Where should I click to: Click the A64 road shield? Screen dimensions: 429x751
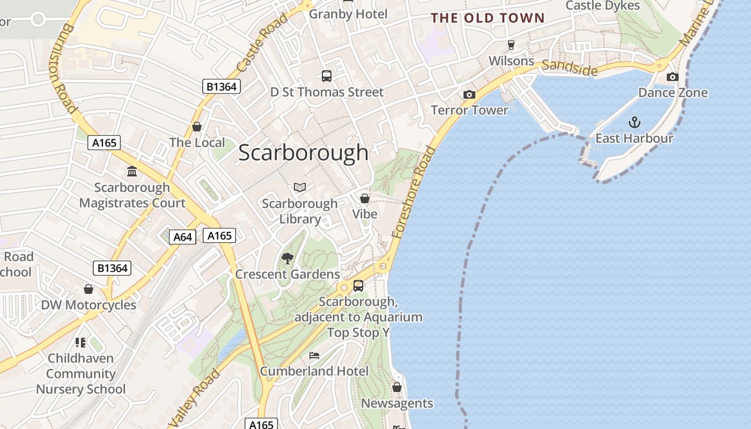point(182,236)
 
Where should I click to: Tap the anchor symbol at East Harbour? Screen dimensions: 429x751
point(634,122)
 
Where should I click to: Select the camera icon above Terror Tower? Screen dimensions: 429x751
point(469,95)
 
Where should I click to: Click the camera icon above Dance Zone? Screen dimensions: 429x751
point(672,77)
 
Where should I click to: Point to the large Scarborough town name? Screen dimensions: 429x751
point(304,153)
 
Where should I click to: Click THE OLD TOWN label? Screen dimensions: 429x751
point(488,18)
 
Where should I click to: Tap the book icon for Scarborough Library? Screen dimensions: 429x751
point(300,187)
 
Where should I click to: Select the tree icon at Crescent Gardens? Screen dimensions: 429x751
point(288,258)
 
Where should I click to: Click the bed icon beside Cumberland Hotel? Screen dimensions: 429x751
point(314,356)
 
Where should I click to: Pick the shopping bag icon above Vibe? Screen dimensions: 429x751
point(365,198)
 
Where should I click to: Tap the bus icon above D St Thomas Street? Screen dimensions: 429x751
point(326,76)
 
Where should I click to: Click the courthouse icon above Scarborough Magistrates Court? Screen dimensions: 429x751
point(132,172)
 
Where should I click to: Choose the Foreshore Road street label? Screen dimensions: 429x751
point(413,192)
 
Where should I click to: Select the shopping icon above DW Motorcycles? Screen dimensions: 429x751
point(89,290)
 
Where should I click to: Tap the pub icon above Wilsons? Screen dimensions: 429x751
point(511,45)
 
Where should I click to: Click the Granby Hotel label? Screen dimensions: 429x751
point(348,14)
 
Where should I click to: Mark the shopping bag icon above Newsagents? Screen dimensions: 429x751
point(397,387)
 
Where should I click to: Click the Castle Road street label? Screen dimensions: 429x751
point(262,43)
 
